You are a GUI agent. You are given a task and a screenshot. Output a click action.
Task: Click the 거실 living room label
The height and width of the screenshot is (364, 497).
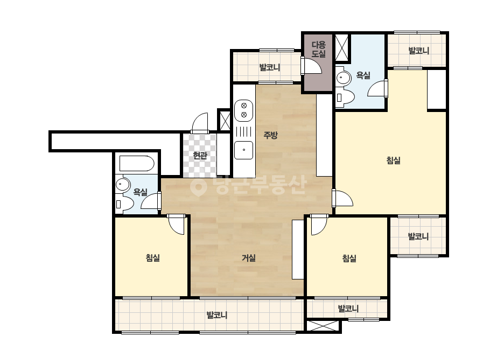(x=249, y=258)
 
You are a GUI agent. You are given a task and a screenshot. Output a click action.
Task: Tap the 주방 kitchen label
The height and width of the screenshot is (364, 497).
(x=270, y=135)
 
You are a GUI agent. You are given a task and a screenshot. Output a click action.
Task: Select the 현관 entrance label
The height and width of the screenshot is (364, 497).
(x=200, y=156)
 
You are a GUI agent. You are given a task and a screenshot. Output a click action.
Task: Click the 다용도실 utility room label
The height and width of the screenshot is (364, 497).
(x=318, y=49)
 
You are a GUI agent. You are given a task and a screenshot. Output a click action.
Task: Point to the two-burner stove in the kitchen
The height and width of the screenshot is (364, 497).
(x=244, y=110)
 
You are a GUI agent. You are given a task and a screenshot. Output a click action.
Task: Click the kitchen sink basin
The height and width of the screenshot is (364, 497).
(x=244, y=150)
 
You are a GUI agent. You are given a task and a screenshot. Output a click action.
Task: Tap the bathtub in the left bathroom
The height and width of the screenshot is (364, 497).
(x=137, y=164)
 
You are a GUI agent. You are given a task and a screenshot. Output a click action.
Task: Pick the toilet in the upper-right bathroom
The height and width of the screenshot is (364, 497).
(x=345, y=97)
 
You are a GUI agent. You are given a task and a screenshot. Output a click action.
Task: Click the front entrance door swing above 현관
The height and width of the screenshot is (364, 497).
(x=200, y=123)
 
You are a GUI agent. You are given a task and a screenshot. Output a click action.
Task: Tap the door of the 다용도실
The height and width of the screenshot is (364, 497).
(x=311, y=66)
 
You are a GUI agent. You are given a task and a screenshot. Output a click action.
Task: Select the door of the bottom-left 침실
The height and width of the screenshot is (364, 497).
(x=176, y=225)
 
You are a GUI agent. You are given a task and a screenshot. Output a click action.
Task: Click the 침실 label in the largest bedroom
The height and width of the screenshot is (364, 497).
(x=394, y=160)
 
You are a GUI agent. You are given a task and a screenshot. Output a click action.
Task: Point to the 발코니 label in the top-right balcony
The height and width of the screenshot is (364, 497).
(x=419, y=51)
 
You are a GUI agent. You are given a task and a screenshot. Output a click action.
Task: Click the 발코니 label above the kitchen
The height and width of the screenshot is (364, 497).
(x=270, y=67)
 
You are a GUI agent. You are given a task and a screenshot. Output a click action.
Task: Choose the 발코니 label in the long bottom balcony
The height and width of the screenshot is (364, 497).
(x=217, y=315)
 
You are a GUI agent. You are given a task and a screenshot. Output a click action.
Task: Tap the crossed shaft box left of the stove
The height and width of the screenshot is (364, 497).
(x=225, y=120)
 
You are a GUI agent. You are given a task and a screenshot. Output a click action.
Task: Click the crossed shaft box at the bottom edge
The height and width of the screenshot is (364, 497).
(x=323, y=326)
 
